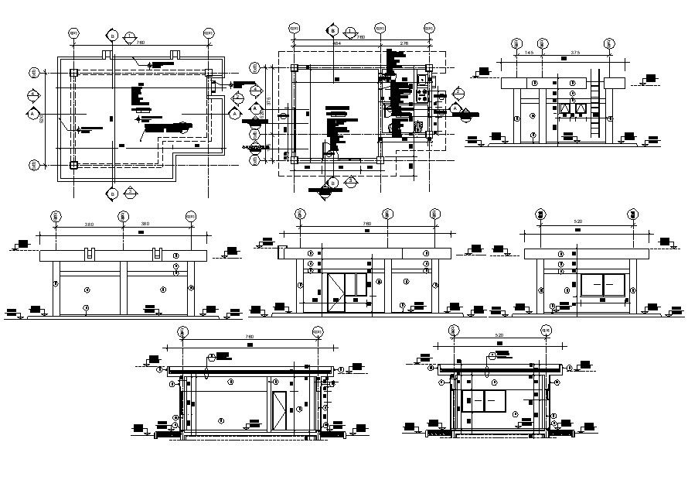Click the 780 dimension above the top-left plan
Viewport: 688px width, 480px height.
coord(140,43)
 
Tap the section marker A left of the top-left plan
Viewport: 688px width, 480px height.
coord(33,114)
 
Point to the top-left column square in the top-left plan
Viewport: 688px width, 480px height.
coord(73,73)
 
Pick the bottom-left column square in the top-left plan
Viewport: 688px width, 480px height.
coord(73,164)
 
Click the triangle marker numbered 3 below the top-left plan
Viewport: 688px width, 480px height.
coord(131,190)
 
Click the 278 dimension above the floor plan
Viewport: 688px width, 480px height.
coord(404,44)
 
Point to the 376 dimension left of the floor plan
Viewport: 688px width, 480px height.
coord(268,101)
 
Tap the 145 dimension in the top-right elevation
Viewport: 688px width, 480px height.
coord(528,53)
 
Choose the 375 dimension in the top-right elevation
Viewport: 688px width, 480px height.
coord(576,53)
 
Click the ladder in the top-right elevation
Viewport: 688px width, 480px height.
coord(594,105)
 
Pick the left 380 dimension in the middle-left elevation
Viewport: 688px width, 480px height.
coord(88,225)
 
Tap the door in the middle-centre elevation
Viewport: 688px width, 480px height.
coord(349,292)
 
